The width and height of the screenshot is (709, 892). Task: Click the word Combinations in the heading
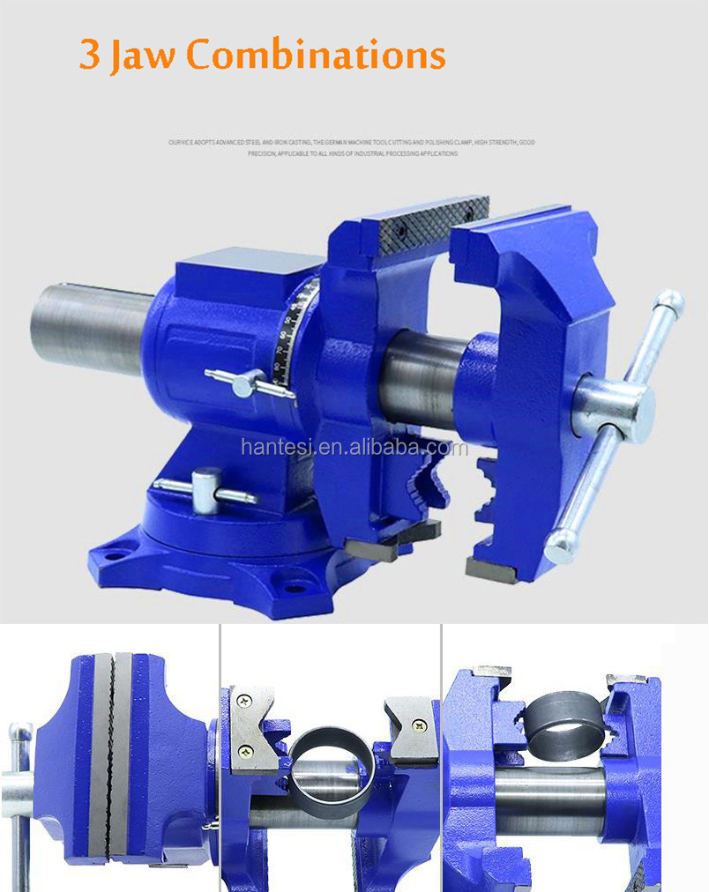pos(315,55)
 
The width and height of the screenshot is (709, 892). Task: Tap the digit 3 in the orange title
pos(89,55)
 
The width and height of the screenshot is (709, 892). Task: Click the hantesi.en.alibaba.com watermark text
pos(354,448)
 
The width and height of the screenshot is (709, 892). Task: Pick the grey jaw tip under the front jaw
pos(490,571)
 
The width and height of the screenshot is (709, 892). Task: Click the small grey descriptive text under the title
pos(350,147)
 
